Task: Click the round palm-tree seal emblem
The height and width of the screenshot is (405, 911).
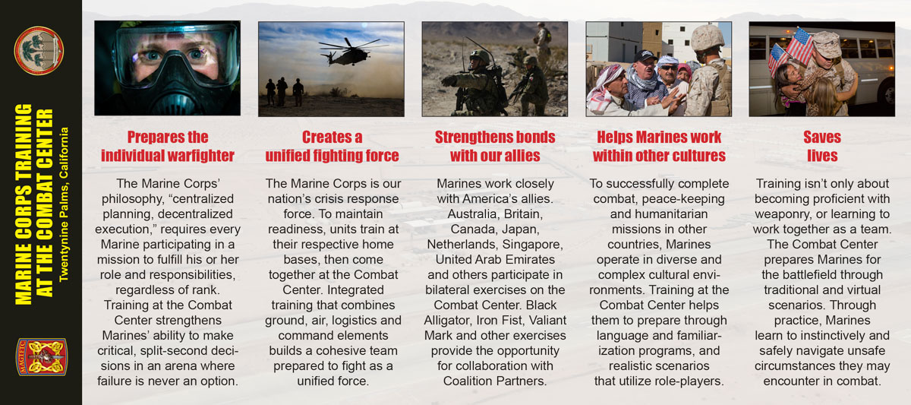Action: [x=39, y=50]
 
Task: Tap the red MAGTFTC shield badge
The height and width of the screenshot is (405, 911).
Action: [x=42, y=356]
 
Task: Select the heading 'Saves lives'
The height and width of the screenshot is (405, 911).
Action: [x=822, y=146]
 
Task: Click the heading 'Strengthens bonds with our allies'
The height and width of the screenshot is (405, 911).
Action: [x=495, y=146]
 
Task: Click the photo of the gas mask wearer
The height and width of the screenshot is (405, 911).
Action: [x=168, y=68]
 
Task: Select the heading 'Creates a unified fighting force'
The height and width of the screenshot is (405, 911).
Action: [x=332, y=146]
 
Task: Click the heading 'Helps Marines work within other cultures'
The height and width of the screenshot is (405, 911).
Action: [x=659, y=146]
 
